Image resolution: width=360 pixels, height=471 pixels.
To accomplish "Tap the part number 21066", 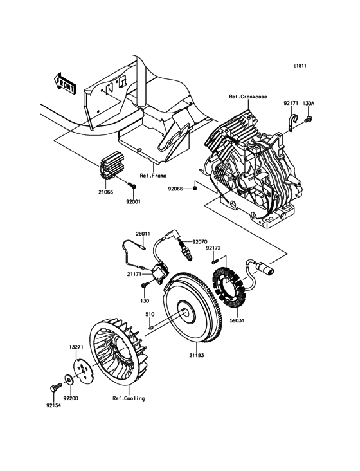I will click(107, 192).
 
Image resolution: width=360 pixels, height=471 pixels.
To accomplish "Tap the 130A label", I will click(309, 102).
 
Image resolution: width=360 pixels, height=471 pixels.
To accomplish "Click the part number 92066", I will click(176, 189).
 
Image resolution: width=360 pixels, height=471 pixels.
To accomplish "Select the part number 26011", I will click(142, 234).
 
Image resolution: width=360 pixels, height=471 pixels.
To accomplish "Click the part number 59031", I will click(237, 320).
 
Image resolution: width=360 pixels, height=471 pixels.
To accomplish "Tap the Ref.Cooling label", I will click(129, 398).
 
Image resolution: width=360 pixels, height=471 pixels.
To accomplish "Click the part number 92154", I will click(54, 406).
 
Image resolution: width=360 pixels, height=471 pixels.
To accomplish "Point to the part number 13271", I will click(76, 346).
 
